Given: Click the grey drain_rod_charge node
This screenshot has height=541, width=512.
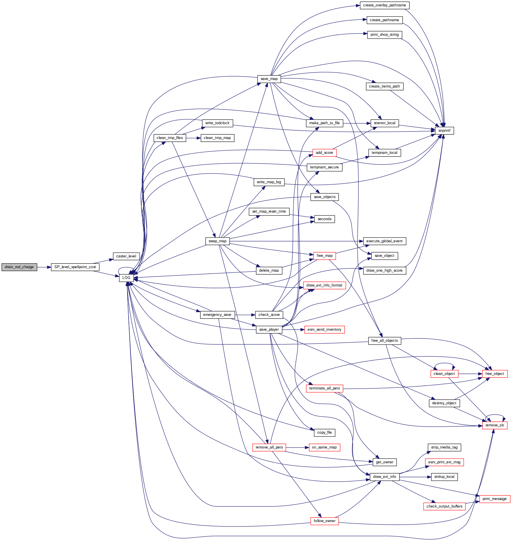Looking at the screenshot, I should pos(19,267).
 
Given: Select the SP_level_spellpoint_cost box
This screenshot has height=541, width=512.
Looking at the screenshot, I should pos(75,267).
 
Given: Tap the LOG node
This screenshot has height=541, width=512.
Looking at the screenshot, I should pos(126,278).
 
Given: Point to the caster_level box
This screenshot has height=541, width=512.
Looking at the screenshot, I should pos(126,256).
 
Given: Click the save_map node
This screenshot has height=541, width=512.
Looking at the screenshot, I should pos(269,79).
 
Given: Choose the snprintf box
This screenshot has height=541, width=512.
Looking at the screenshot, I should pos(444,131).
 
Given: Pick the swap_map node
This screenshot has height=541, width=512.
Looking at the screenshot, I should pos(217,241).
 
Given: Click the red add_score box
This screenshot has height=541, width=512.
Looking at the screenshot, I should pos(324,153).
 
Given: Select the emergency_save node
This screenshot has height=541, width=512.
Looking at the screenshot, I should pos(217,315).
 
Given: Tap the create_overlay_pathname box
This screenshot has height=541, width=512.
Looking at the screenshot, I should pos(385,5).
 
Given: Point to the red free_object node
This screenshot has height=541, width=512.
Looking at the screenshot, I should pos(495,374).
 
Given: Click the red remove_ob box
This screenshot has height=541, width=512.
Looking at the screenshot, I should pos(495,425).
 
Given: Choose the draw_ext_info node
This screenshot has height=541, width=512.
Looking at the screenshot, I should pos(385,477).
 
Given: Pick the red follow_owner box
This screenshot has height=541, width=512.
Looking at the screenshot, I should pos(324,521).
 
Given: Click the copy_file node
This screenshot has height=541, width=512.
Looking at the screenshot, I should pos(324,433).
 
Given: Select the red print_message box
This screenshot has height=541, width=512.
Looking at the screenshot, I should pos(495,499).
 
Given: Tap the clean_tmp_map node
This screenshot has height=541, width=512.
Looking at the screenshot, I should pos(217,138).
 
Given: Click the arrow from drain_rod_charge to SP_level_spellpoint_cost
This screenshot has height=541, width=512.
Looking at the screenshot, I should pos(44,267).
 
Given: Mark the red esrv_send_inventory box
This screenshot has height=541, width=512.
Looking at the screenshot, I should pos(324,330).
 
